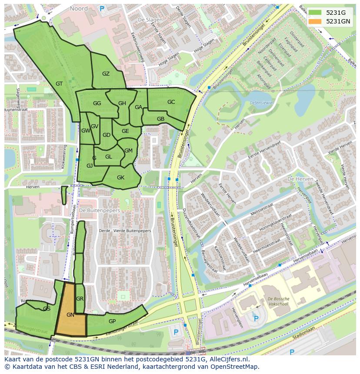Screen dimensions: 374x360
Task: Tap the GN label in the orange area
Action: pos(70,314)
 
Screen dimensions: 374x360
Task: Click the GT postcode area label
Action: pos(60,84)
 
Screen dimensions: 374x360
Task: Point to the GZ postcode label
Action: pos(106,74)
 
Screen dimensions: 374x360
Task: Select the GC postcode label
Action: pos(171,102)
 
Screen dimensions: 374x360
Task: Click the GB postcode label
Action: pos(160,119)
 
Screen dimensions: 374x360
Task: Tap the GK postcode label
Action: pos(120,177)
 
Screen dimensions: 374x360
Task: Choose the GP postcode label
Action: pos(112,321)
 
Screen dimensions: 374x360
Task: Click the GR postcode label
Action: pos(80,299)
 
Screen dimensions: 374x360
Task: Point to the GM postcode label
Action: pos(128,151)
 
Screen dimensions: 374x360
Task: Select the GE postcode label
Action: pos(125,131)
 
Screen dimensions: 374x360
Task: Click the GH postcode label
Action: pos(122,103)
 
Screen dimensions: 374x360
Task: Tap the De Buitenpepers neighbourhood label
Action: pos(100,210)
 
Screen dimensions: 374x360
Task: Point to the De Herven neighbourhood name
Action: pos(297,179)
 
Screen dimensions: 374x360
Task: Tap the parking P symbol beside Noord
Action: pos(102,8)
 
